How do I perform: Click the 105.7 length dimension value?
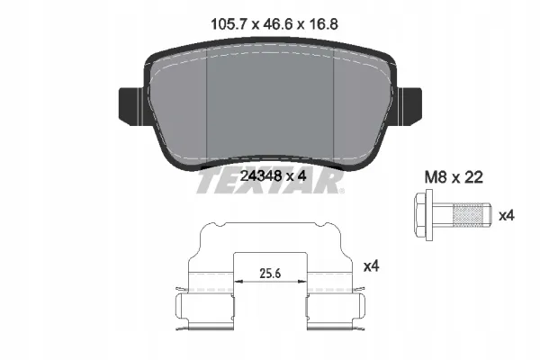click(229, 24)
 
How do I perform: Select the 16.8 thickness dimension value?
click(322, 24)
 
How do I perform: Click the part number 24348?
click(260, 176)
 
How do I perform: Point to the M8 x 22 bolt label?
click(454, 177)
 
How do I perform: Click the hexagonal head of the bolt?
click(420, 215)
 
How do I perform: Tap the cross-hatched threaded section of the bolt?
click(468, 216)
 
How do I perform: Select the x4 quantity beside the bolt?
click(507, 216)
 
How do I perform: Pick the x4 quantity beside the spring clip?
click(371, 266)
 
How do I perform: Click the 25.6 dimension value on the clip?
click(270, 274)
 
